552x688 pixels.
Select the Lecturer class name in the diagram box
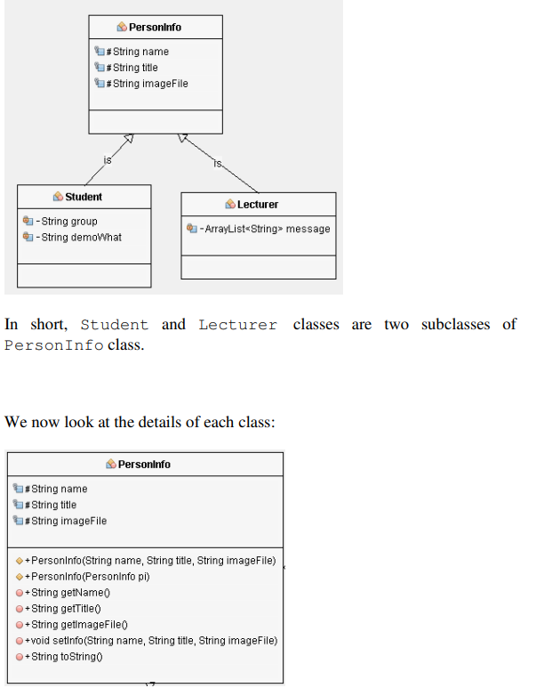click(258, 205)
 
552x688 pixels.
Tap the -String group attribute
click(66, 222)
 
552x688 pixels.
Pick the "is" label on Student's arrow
click(108, 159)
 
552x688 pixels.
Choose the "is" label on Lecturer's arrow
click(219, 163)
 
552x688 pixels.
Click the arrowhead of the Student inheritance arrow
click(129, 138)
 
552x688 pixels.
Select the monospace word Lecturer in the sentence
click(237, 325)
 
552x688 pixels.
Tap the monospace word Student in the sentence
click(115, 325)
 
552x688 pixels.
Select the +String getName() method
click(70, 593)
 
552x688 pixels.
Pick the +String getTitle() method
click(68, 609)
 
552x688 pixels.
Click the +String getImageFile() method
click(80, 625)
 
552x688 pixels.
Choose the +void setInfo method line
click(151, 641)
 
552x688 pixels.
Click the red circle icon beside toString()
click(20, 657)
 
